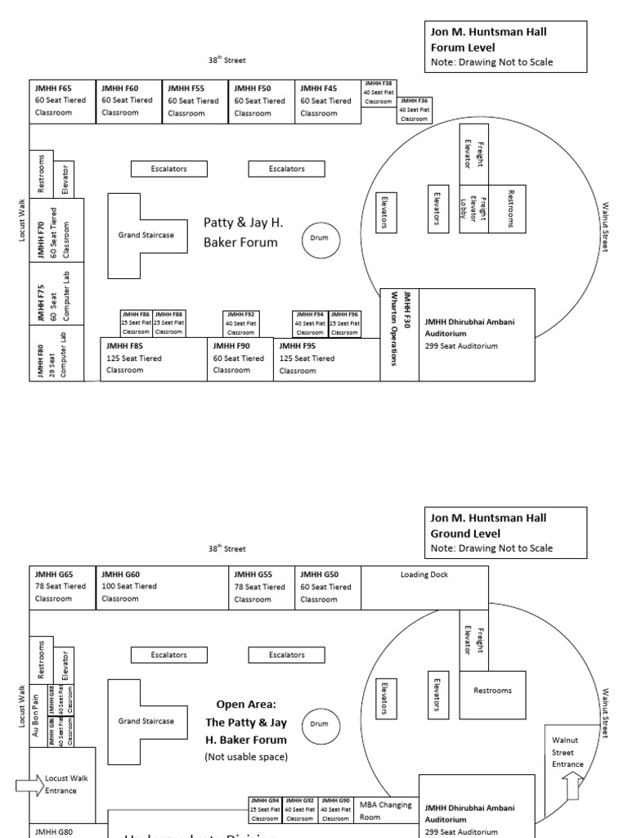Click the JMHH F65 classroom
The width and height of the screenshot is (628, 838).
coord(62,101)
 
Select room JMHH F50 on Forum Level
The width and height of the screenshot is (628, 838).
coord(261,101)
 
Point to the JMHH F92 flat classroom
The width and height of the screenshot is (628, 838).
coord(240,323)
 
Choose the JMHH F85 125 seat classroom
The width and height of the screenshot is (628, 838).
coord(154,359)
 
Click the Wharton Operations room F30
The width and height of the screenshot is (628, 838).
coord(399,335)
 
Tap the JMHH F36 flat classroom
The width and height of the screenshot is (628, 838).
coord(414,110)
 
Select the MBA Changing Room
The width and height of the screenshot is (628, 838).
coord(388,811)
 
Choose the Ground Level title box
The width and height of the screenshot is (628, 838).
coord(505,532)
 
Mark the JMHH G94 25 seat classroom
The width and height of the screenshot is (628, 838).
coord(264,809)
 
